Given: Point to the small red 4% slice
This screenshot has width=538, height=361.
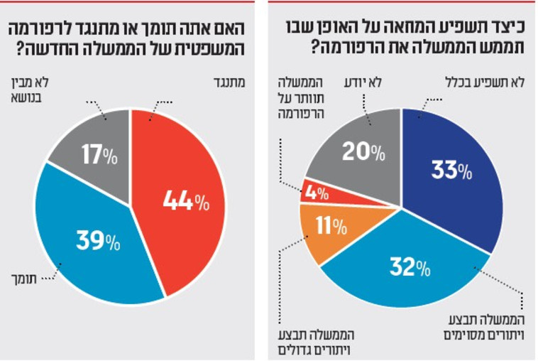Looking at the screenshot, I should coord(316,190).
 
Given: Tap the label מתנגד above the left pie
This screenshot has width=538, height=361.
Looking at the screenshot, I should coord(228,82).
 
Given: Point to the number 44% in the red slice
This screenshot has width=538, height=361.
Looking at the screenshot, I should coord(186,203).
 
